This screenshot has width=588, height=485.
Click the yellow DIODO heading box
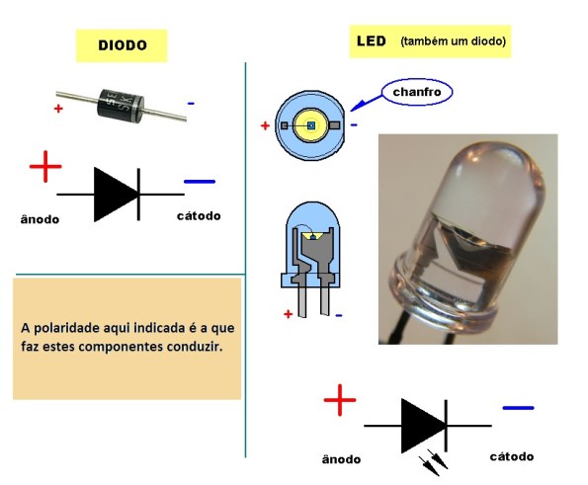tap(122, 45)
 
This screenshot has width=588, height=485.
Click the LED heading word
tap(371, 41)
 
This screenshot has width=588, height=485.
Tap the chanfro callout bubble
tap(417, 92)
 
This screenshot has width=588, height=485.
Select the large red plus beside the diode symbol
tap(45, 167)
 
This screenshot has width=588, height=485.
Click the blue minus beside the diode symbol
tap(200, 182)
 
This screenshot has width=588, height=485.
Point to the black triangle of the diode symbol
tap(114, 194)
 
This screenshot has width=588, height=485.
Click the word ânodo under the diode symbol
tap(40, 219)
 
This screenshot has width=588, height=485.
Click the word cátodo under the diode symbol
tap(199, 215)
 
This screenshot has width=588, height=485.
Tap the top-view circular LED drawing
tap(310, 125)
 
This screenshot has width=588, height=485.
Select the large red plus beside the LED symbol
tap(339, 400)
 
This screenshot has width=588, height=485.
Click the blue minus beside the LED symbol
tap(518, 407)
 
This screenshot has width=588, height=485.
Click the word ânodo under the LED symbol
tap(341, 459)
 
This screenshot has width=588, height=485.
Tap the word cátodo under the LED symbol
tap(512, 456)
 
